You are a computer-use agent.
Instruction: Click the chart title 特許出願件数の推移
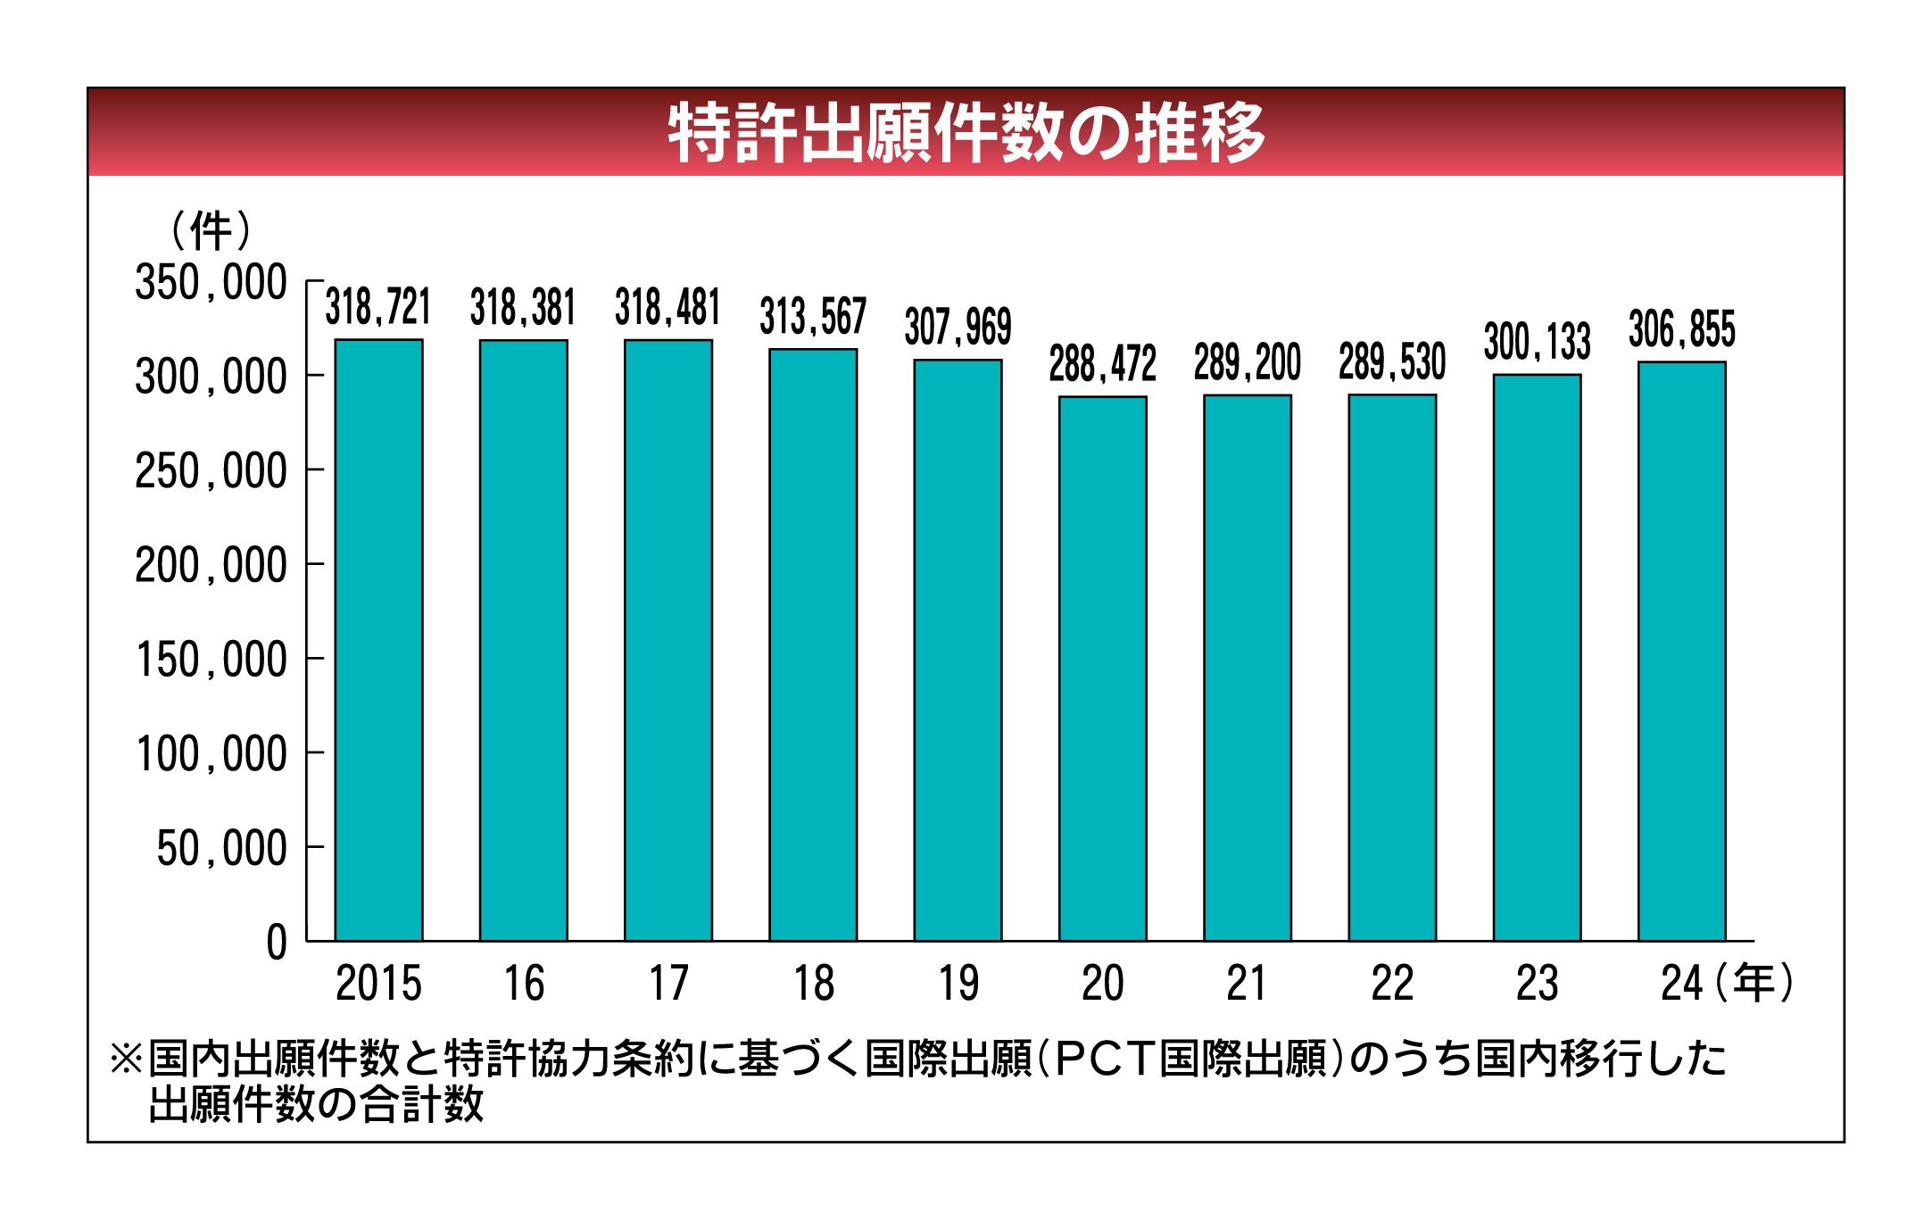coord(966,133)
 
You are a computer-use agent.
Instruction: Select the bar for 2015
coord(378,639)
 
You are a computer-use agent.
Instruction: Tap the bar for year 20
coord(1102,668)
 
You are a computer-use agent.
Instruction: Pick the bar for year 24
coord(1681,651)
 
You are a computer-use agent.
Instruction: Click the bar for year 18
coord(813,644)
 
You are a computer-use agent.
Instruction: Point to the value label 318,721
coord(378,307)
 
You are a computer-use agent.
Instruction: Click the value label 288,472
coord(1102,364)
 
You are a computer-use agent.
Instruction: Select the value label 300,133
coord(1537,342)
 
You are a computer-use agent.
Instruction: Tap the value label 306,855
coord(1681,329)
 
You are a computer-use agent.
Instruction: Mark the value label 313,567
coord(813,317)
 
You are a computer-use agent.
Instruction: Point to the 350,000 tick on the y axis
coord(211,283)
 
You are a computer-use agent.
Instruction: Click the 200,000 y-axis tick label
coord(211,566)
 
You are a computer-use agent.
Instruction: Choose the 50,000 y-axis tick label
coord(221,849)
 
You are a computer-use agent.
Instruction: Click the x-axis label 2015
coord(378,984)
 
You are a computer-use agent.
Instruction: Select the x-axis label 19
coord(958,984)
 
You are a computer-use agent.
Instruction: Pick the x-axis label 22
coord(1392,984)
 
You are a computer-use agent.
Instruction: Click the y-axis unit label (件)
coord(211,231)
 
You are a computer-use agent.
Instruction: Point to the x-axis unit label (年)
coord(1753,984)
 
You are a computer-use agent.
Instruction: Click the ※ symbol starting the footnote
coord(125,1060)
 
